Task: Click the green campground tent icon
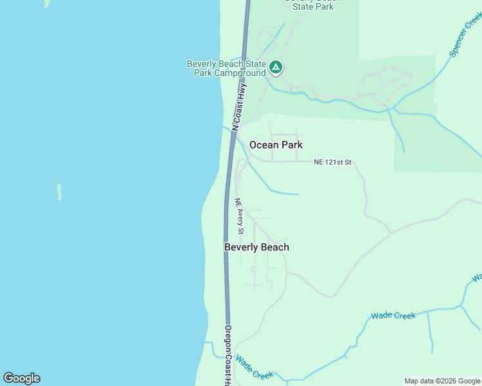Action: pyautogui.click(x=276, y=66)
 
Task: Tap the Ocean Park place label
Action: pyautogui.click(x=276, y=145)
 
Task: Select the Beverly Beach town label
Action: pyautogui.click(x=256, y=247)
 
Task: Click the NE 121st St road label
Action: pyautogui.click(x=333, y=163)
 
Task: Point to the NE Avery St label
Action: pyautogui.click(x=240, y=216)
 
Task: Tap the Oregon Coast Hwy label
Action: pyautogui.click(x=227, y=355)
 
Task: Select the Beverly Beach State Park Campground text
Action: pyautogui.click(x=226, y=68)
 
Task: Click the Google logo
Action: pyautogui.click(x=21, y=378)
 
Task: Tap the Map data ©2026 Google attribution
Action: pyautogui.click(x=442, y=381)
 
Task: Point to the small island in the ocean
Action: pyautogui.click(x=59, y=192)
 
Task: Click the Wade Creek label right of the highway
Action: pyautogui.click(x=393, y=315)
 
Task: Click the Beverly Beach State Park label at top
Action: pyautogui.click(x=313, y=4)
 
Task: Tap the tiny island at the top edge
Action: pyautogui.click(x=46, y=3)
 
